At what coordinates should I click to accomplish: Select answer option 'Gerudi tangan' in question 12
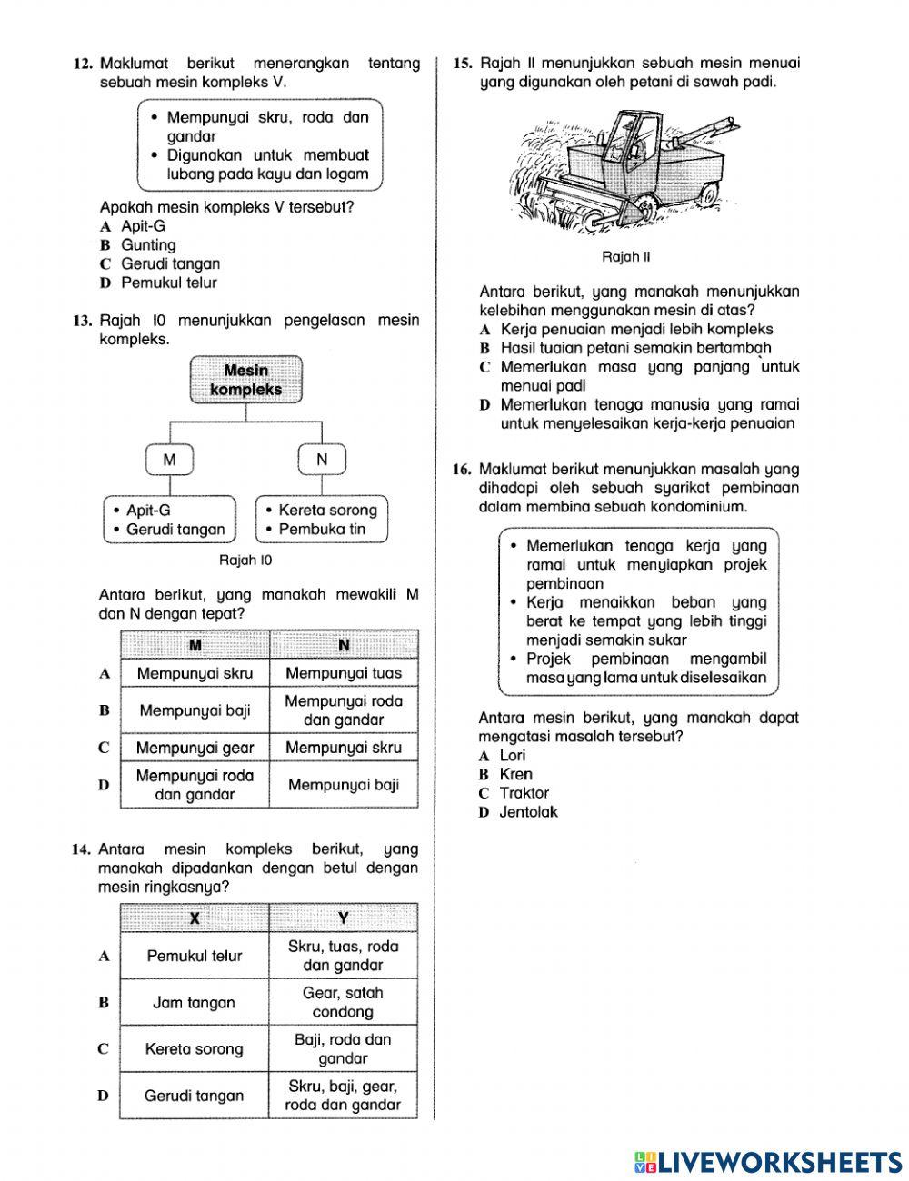(170, 264)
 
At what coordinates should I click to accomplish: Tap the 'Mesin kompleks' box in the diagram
(246, 380)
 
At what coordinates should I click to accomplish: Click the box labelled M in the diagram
(170, 460)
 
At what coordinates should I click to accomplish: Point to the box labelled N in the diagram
(322, 460)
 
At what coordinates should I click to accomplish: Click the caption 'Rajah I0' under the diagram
(245, 561)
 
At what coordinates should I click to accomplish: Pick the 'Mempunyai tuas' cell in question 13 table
(344, 673)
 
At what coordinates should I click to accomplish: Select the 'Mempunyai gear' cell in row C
(195, 748)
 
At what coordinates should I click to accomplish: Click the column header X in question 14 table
(195, 918)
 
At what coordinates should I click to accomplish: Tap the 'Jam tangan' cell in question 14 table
(194, 1003)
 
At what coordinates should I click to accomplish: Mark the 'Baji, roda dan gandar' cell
(343, 1049)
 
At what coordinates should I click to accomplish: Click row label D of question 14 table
(104, 1096)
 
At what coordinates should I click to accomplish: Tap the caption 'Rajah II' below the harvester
(626, 257)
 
